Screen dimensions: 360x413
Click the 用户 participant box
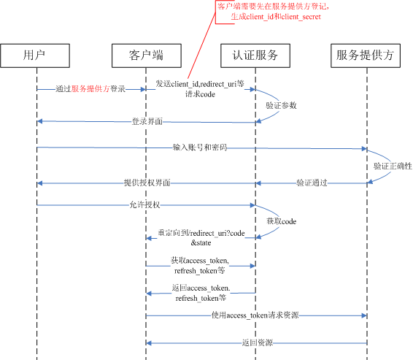point(36,55)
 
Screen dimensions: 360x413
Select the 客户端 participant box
point(145,55)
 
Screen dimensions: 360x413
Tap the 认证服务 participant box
point(255,55)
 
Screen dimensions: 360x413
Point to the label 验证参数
point(282,105)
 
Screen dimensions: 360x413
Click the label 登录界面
point(147,120)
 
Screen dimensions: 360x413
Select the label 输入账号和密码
point(200,148)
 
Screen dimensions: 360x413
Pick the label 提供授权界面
point(147,183)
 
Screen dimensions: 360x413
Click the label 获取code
point(280,221)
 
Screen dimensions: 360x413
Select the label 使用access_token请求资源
point(255,315)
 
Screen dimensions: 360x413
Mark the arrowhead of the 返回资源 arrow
point(148,342)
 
